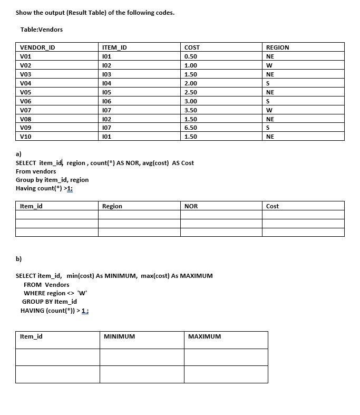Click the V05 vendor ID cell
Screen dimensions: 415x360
click(x=25, y=92)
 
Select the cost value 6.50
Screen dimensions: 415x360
click(x=191, y=128)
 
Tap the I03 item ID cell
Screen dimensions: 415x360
click(x=107, y=74)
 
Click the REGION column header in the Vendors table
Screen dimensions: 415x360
click(x=278, y=47)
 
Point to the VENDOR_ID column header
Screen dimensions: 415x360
click(x=37, y=47)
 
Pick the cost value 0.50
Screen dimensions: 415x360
click(x=191, y=56)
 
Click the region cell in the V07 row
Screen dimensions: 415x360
click(x=269, y=110)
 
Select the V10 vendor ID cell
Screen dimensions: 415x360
click(x=25, y=137)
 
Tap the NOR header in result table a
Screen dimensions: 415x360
click(x=191, y=206)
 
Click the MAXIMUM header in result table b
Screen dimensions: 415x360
click(x=205, y=336)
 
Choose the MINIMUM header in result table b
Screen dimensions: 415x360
click(x=119, y=336)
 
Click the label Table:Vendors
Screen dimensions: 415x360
click(x=41, y=30)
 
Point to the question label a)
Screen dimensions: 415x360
click(x=18, y=154)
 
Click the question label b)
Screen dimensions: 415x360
click(x=18, y=258)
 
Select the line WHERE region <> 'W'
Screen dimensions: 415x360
click(x=55, y=293)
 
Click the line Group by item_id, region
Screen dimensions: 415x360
click(x=52, y=180)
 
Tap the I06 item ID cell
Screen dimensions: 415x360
click(x=107, y=101)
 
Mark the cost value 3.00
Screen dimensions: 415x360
click(x=191, y=101)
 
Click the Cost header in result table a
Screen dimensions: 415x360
click(x=273, y=206)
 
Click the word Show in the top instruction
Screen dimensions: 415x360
click(x=24, y=13)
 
